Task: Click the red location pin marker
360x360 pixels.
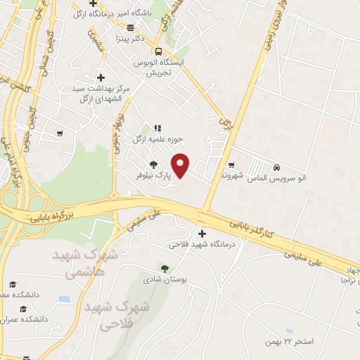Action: [x=181, y=165]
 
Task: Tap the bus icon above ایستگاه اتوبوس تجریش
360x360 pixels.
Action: [x=158, y=51]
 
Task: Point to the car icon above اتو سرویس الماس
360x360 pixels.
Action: [x=277, y=167]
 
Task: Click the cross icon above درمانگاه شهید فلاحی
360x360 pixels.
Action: [x=202, y=233]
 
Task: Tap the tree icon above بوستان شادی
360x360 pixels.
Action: [x=165, y=268]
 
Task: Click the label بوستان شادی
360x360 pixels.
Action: [x=167, y=279]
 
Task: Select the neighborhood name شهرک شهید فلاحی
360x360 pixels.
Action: [x=117, y=316]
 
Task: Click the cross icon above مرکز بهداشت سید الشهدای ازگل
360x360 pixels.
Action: [x=101, y=77]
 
